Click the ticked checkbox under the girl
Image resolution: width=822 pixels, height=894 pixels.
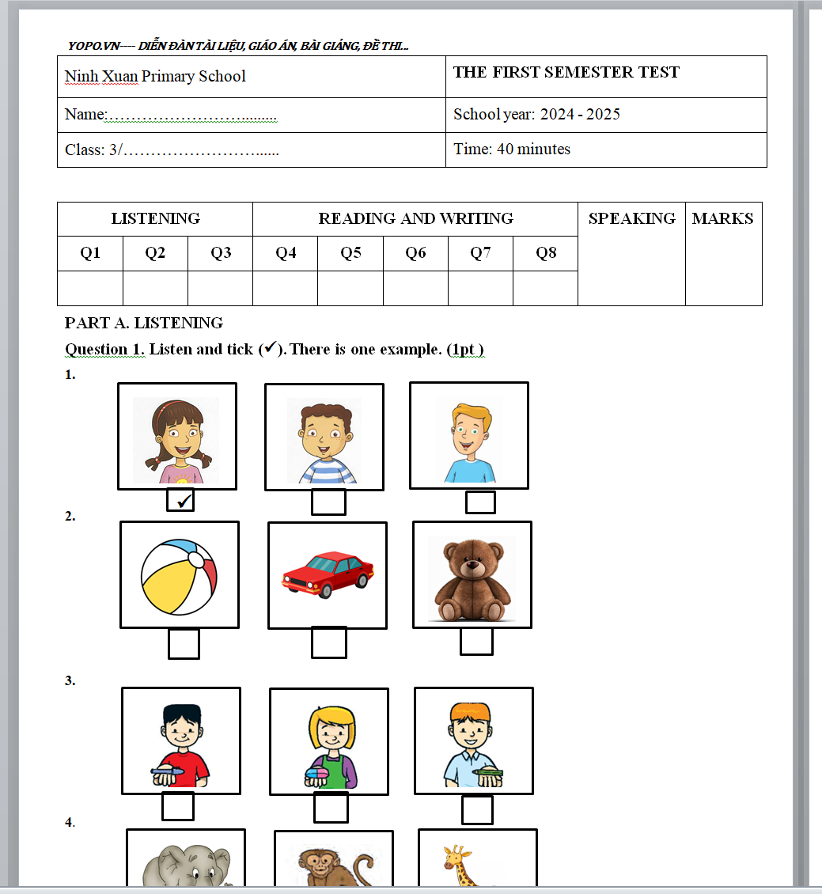[x=180, y=501]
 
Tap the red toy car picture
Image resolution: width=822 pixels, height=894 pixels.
[x=328, y=574]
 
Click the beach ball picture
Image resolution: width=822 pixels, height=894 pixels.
[x=179, y=575]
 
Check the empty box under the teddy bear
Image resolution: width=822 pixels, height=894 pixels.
[x=476, y=641]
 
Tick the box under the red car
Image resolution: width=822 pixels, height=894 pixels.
[x=328, y=642]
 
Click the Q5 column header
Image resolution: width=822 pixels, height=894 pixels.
[x=350, y=253]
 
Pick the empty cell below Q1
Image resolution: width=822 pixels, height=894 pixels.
[x=90, y=288]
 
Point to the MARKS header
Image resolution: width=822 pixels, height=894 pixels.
[x=722, y=218]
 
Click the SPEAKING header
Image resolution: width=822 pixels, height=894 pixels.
[x=631, y=218]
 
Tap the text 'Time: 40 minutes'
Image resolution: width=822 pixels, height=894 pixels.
[x=512, y=149]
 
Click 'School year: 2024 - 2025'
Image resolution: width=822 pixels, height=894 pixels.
[x=536, y=114]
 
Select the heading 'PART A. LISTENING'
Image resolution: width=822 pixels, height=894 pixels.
[x=144, y=323]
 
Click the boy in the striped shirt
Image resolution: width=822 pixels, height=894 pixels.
[x=324, y=440]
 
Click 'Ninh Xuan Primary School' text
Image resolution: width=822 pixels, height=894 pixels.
[x=155, y=76]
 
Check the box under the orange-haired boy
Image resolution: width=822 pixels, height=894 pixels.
[x=477, y=809]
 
